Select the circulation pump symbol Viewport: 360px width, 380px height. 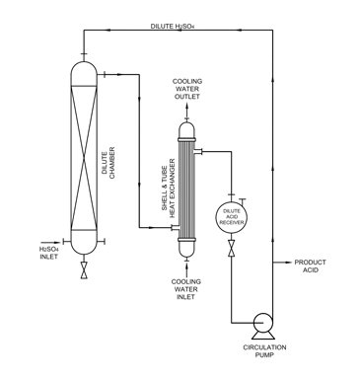click(263, 323)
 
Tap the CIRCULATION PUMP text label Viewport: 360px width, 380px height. click(263, 352)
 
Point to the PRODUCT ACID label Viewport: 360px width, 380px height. click(312, 266)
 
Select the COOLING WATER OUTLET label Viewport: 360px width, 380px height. click(186, 89)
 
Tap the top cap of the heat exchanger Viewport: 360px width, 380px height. click(186, 129)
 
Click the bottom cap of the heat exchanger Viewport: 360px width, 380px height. click(186, 249)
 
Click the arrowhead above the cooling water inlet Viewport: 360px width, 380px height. click(186, 266)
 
